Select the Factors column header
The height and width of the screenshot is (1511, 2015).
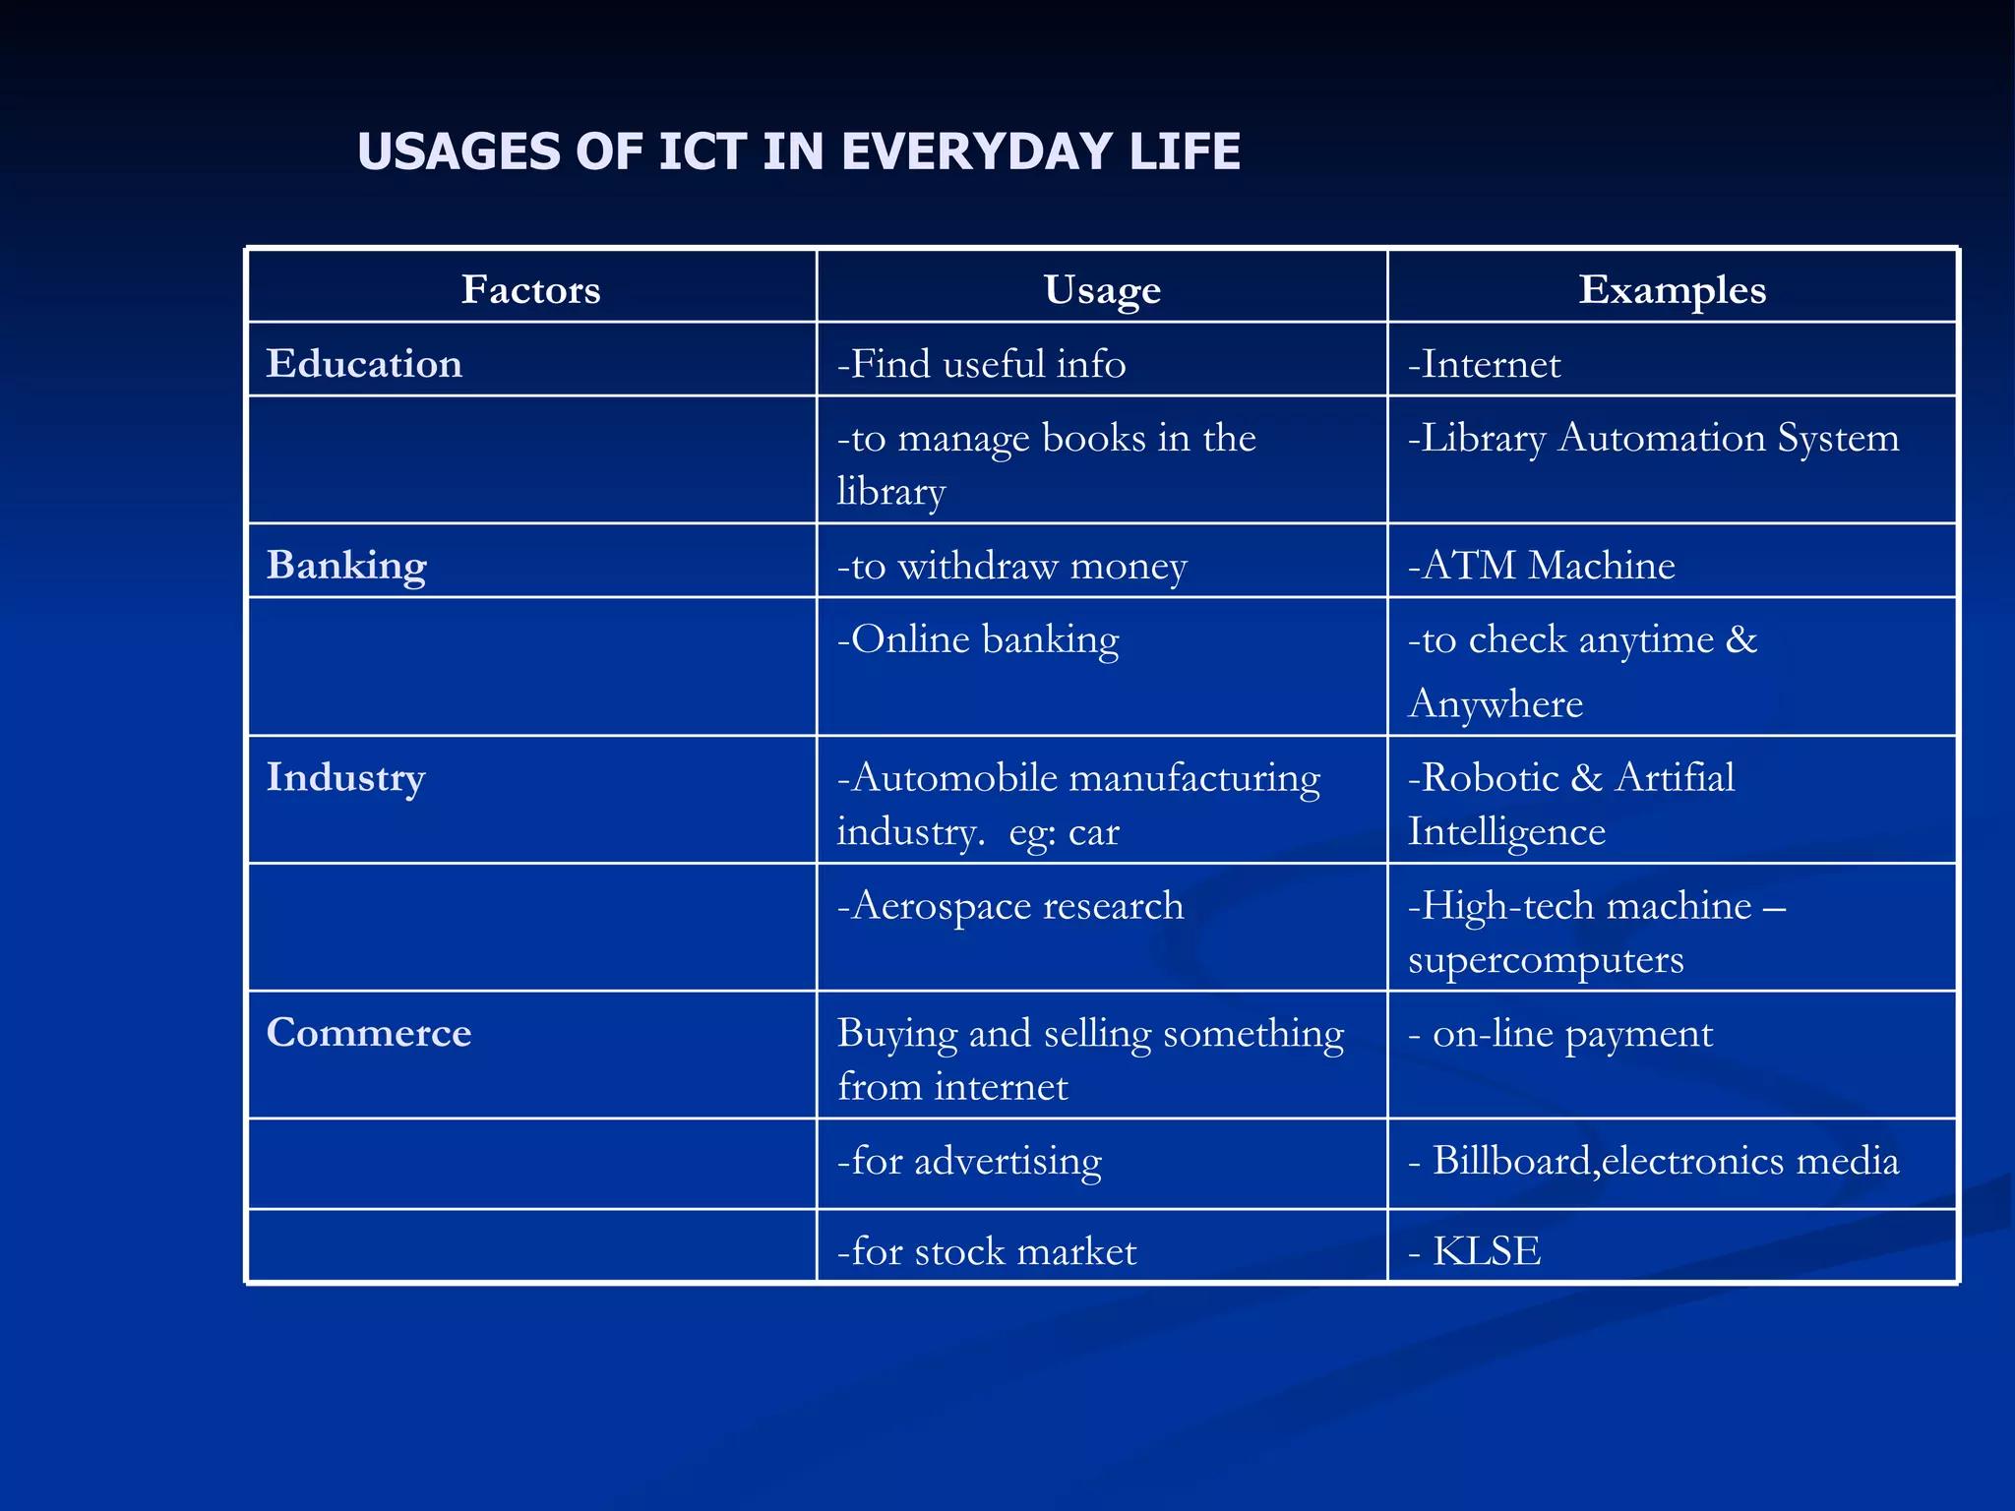coord(530,289)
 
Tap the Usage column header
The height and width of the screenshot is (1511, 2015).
coord(1102,289)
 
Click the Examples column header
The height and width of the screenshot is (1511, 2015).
coord(1672,289)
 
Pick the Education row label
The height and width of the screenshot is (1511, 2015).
coord(364,363)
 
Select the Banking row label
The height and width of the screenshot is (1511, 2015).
coord(346,565)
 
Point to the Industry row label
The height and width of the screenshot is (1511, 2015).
coord(345,777)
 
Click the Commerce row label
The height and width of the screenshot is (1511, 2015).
coord(369,1032)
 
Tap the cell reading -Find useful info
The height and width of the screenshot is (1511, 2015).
coord(981,363)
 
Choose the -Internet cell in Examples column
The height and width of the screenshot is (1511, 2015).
coord(1484,364)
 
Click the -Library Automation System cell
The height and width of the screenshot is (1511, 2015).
coord(1653,438)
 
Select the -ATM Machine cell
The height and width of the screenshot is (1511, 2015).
coord(1541,565)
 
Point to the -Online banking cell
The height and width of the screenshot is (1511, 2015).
coord(977,639)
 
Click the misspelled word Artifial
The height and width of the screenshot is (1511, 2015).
coord(1675,777)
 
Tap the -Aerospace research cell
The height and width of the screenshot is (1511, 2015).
coord(1009,905)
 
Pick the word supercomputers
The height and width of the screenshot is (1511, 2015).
coord(1545,959)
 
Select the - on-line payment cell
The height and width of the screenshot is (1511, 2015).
coord(1560,1033)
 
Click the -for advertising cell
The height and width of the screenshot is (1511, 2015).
coord(969,1161)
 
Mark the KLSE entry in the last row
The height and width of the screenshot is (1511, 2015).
coord(1486,1250)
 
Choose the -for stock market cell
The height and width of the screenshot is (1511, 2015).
coord(986,1250)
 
